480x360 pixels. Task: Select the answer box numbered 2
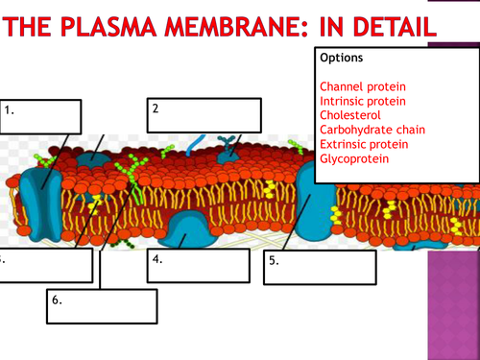coord(204,114)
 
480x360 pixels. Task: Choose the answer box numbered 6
coord(100,306)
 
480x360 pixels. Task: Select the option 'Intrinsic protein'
coord(363,101)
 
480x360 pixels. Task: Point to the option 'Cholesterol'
coord(348,115)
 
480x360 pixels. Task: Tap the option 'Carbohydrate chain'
coord(372,130)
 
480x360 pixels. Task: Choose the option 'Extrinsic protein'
coord(364,144)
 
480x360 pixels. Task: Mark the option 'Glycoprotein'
coord(354,158)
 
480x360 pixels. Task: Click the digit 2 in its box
coord(155,108)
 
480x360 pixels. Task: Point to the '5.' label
coord(275,260)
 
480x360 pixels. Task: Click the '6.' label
coord(58,300)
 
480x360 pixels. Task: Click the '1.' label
coord(10,110)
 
